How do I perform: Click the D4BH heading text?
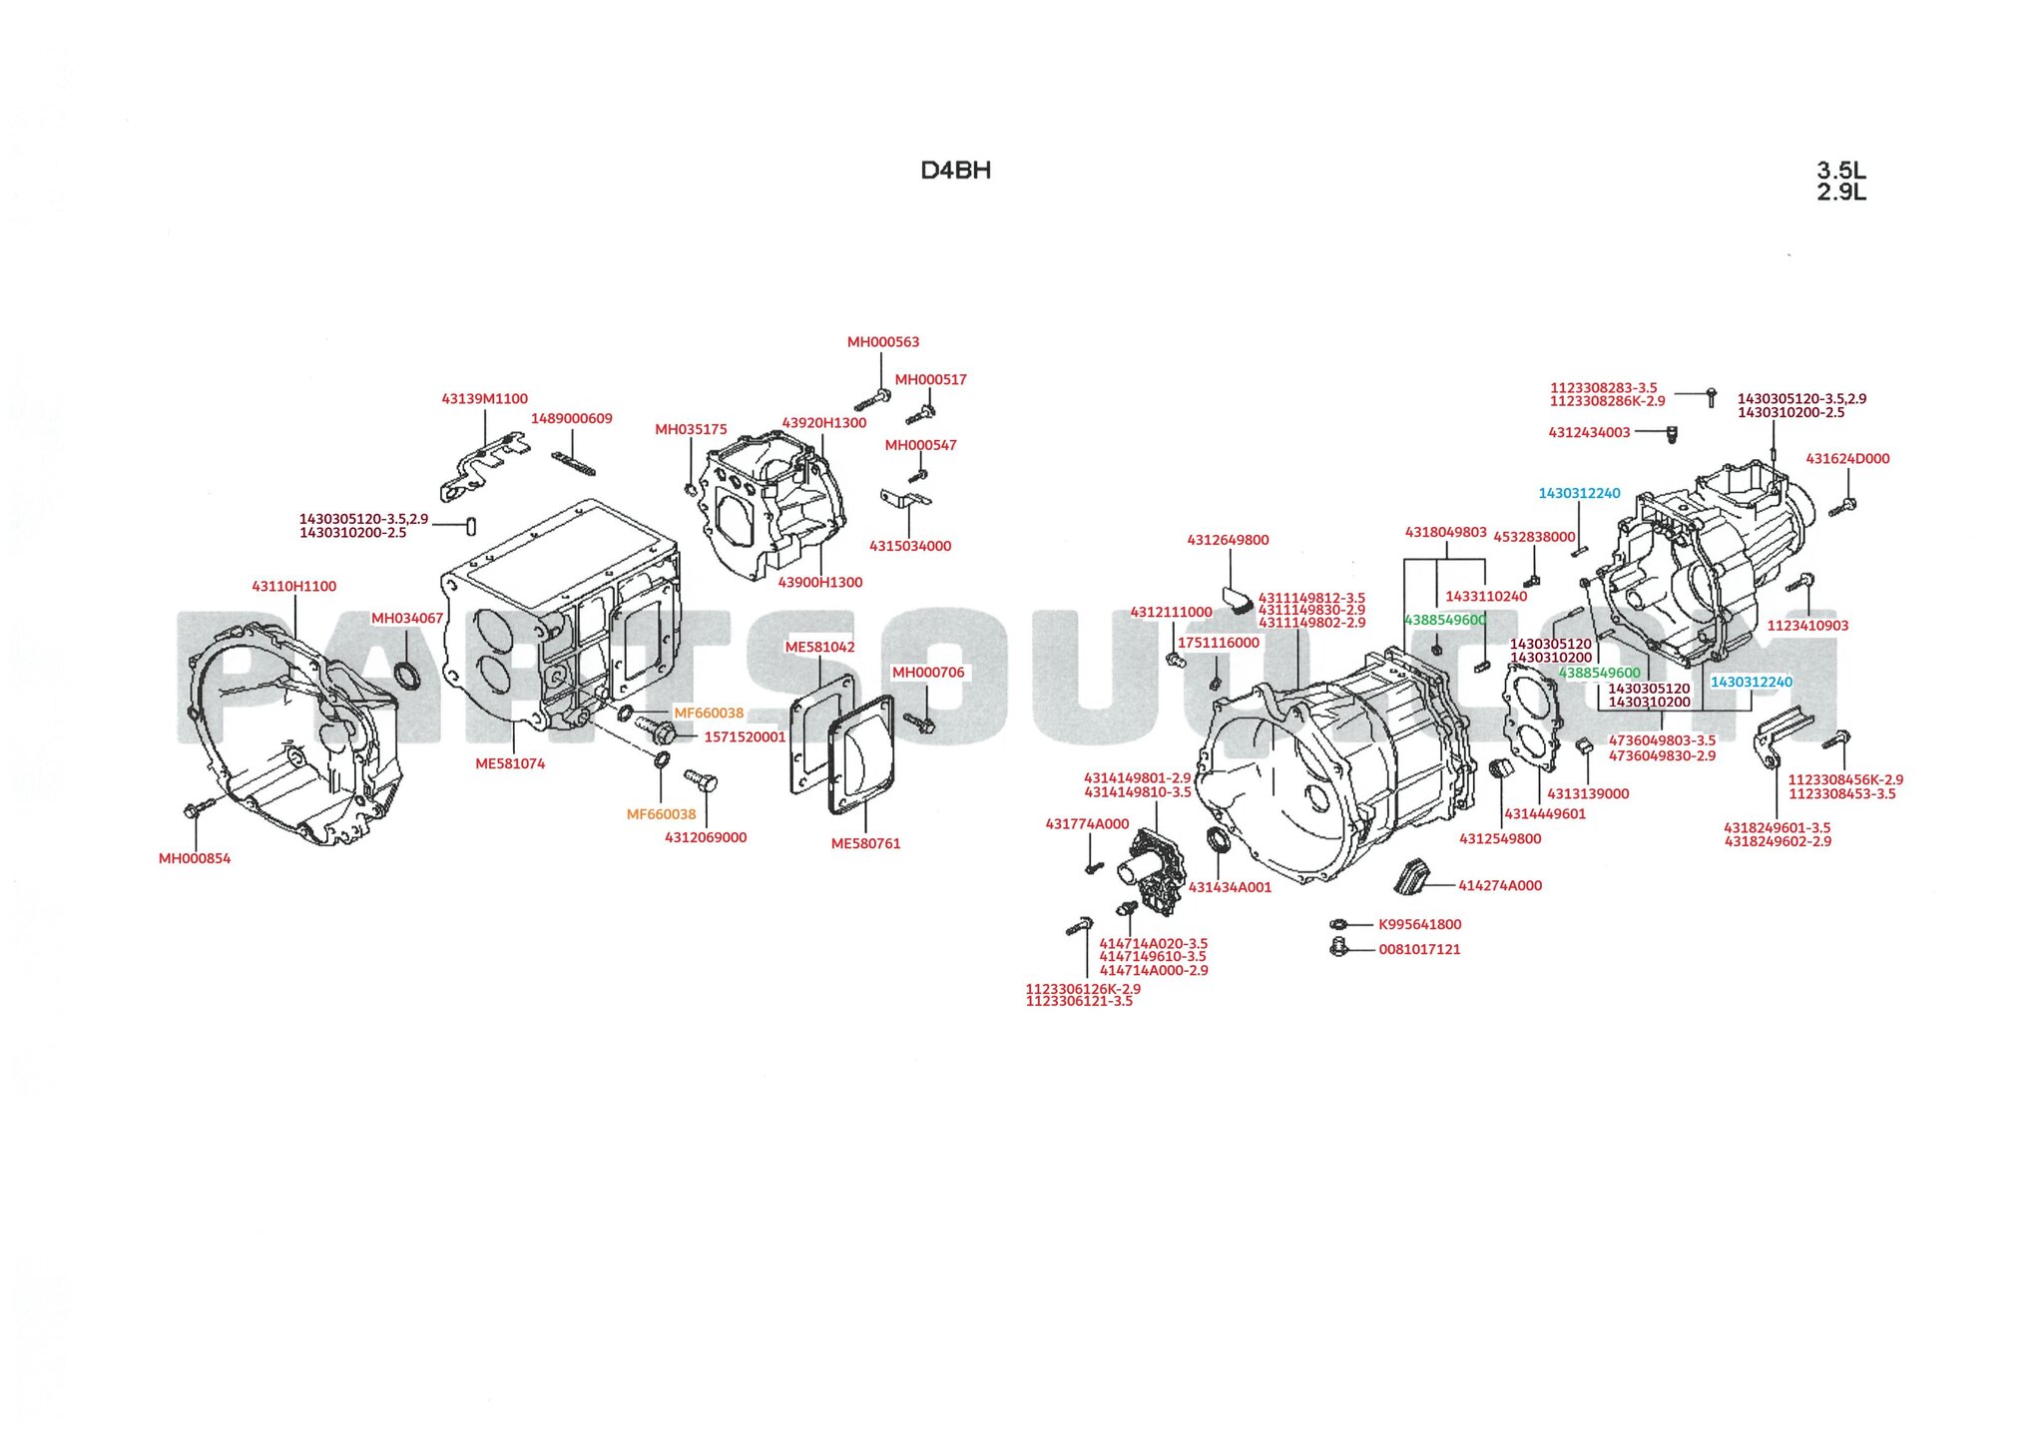(955, 171)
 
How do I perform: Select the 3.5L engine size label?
(1840, 171)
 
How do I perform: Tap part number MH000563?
(882, 342)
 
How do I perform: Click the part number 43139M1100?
(484, 399)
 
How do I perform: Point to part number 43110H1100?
(293, 587)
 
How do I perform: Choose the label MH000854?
(195, 858)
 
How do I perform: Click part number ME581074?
(510, 763)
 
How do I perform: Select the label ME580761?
(865, 843)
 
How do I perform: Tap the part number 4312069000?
(706, 837)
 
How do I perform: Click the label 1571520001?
(745, 737)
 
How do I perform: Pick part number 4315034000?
(909, 546)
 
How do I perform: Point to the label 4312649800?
(1228, 540)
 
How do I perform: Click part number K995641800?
(1419, 924)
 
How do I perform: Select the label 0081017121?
(1419, 949)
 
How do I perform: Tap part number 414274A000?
(1499, 885)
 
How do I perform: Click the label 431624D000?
(1847, 459)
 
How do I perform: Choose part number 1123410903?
(1807, 626)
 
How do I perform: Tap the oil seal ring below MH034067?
(407, 676)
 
